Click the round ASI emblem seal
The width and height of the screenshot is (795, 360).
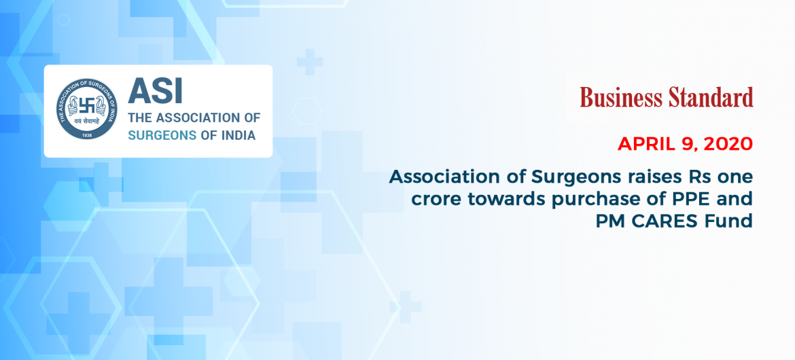[87, 109]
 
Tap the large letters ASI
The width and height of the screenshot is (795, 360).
[155, 90]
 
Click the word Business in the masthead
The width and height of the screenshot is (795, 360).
[620, 97]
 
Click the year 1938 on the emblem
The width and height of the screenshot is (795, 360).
[87, 135]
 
